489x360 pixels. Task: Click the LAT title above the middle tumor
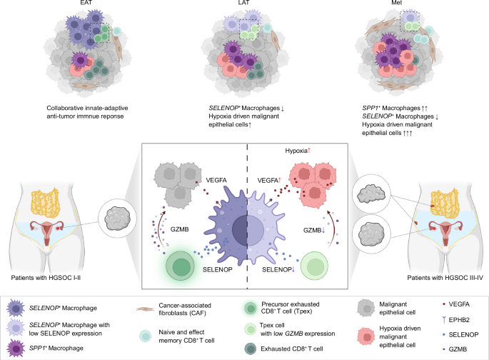pos(244,5)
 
